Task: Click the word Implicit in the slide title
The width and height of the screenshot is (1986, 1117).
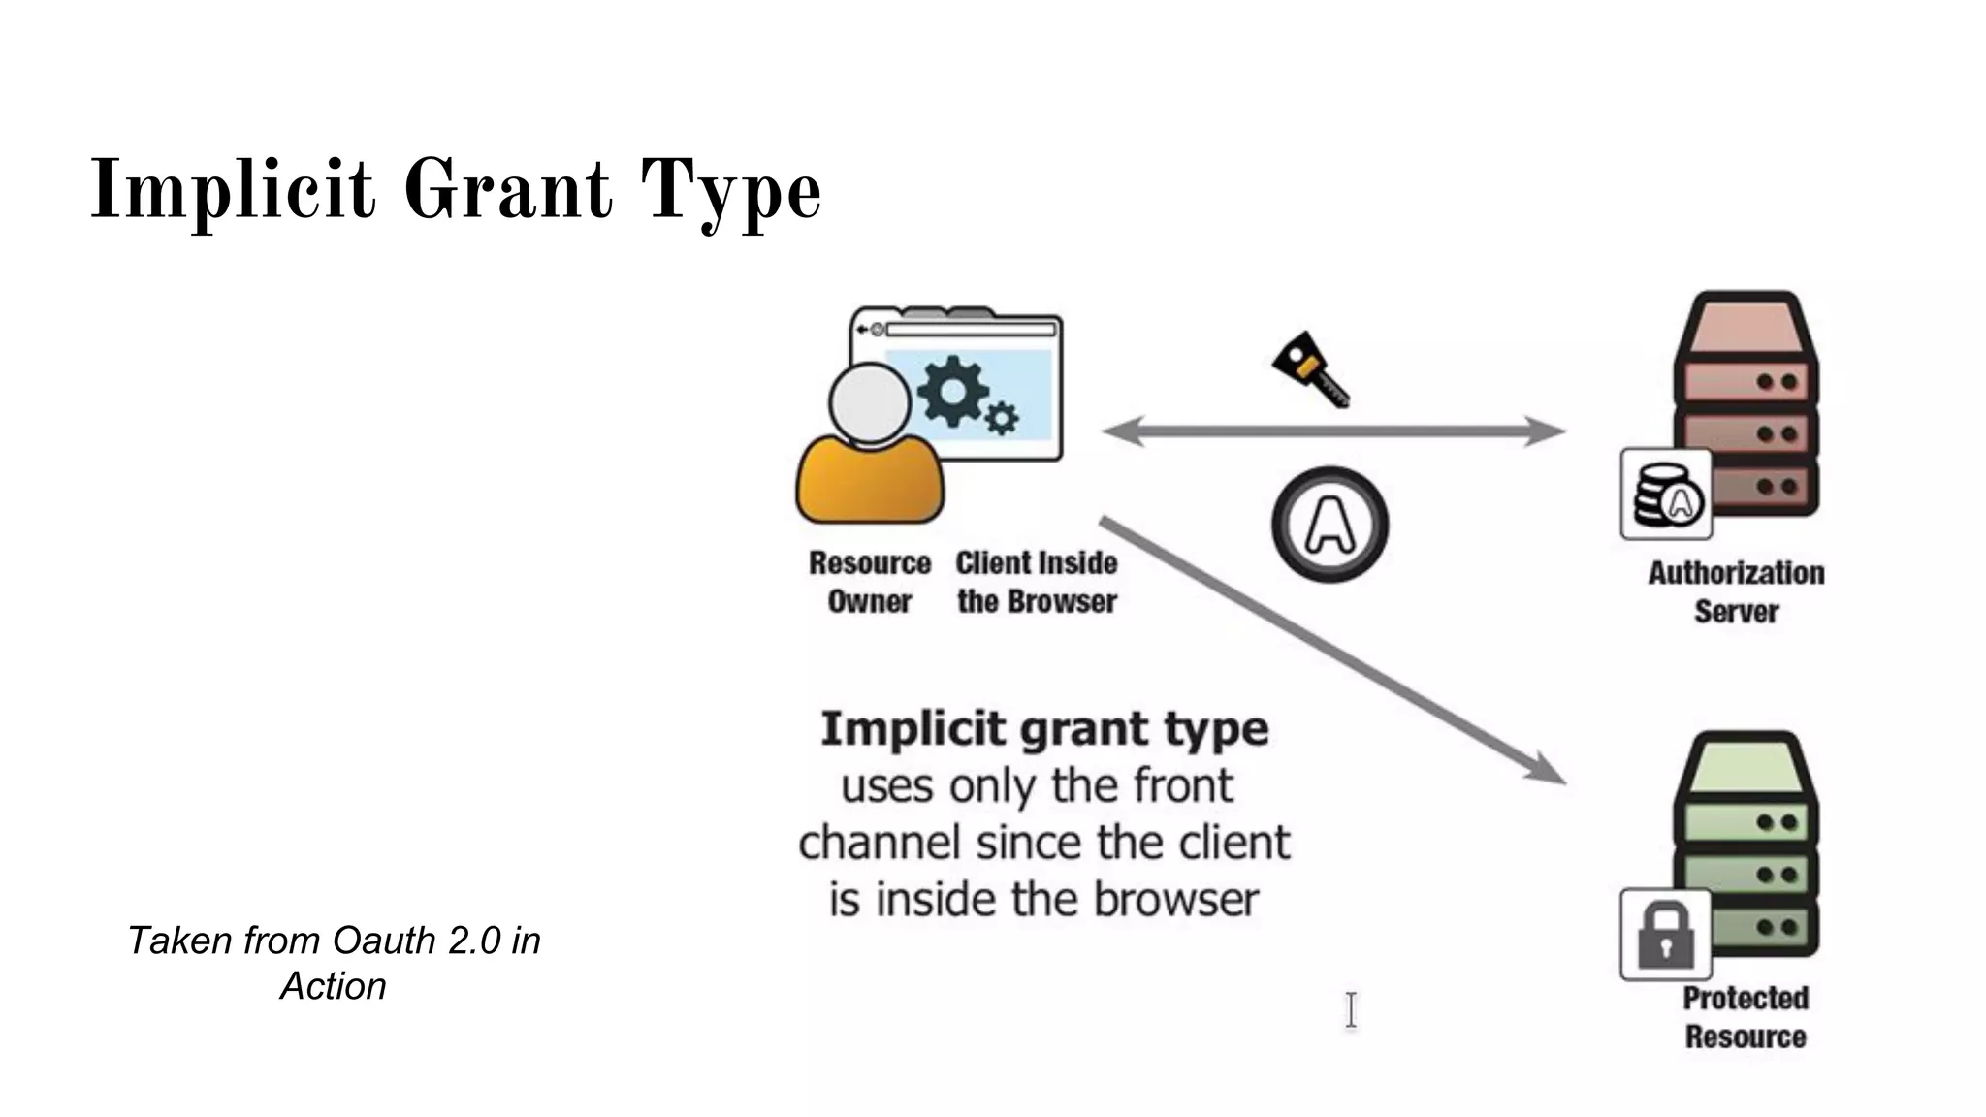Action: click(x=233, y=190)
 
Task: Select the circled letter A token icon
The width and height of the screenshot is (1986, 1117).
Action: click(x=1329, y=525)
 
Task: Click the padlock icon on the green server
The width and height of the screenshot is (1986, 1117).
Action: click(x=1665, y=935)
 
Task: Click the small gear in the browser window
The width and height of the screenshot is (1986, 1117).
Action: click(x=1002, y=418)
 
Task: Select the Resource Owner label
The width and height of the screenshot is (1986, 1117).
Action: click(x=869, y=582)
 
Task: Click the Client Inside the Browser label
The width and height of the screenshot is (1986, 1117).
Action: click(x=1037, y=582)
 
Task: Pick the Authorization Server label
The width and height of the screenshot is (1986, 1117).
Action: click(x=1736, y=591)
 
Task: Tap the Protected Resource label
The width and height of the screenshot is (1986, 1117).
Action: click(x=1746, y=1016)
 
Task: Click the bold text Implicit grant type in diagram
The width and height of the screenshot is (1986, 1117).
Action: click(x=1044, y=729)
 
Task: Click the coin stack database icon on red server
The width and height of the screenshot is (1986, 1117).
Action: click(x=1665, y=494)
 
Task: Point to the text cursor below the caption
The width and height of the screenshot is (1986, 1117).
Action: click(x=1351, y=1010)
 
